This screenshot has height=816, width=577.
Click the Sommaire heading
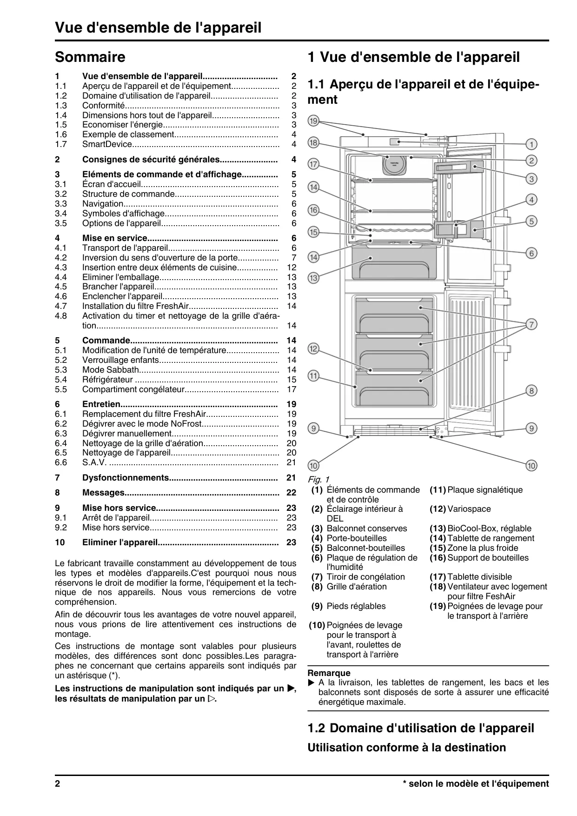(x=90, y=57)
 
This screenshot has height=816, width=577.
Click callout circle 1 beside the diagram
(x=531, y=144)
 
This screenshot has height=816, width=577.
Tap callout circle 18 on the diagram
(x=313, y=142)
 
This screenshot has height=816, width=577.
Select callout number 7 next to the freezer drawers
(x=531, y=324)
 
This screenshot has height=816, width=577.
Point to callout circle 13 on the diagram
(x=313, y=278)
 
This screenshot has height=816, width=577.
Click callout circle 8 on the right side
(x=531, y=390)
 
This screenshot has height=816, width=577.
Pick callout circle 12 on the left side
(x=313, y=348)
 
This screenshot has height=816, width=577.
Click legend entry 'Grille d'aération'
(x=357, y=587)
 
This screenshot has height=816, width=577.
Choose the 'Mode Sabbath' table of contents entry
(x=111, y=370)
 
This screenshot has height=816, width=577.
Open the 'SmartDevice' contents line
(x=107, y=144)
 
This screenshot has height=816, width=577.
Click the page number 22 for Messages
(x=291, y=493)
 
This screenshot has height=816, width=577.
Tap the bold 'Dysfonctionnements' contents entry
(x=126, y=478)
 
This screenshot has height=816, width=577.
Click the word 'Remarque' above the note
(x=329, y=673)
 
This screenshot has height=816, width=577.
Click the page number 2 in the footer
(x=58, y=783)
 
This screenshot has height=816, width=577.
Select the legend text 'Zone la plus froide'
(x=483, y=548)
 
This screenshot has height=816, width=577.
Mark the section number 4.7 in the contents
(x=61, y=306)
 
